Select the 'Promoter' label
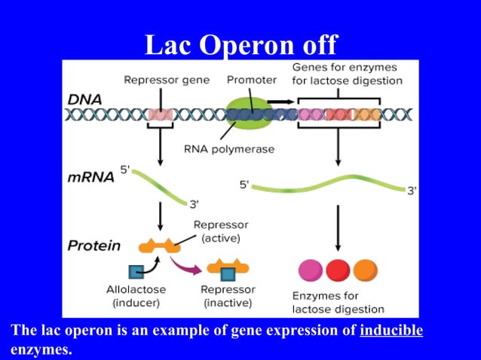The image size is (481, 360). (x=251, y=79)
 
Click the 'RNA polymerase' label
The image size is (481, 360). (x=229, y=149)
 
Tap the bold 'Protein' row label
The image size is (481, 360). (x=93, y=246)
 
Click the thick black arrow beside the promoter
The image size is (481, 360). (x=280, y=100)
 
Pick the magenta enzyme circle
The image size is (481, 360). (x=311, y=269)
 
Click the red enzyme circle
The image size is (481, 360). (x=337, y=269)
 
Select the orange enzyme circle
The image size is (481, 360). (x=364, y=269)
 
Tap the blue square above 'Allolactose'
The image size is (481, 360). (x=136, y=271)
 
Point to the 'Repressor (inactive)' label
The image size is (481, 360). (x=228, y=296)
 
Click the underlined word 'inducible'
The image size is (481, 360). (x=391, y=331)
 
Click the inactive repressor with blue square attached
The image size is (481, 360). (x=228, y=267)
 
